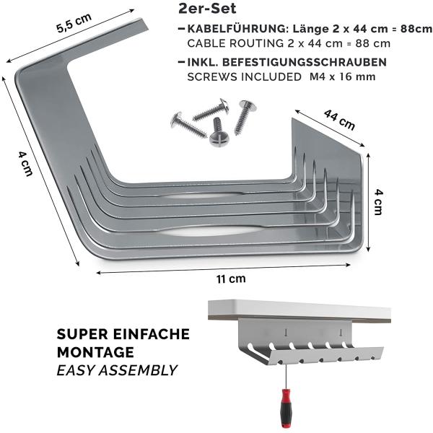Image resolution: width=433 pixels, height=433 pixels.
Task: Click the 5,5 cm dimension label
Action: click(74, 23)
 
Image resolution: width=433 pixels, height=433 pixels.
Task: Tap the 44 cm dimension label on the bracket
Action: click(339, 119)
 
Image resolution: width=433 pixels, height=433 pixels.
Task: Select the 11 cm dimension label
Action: click(231, 279)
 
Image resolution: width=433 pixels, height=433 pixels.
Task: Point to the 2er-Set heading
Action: click(207, 8)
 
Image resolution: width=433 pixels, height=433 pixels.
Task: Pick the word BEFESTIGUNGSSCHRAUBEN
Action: click(305, 62)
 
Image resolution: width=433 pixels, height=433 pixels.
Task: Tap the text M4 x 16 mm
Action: click(342, 76)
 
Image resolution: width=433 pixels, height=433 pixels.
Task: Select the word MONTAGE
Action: click(95, 352)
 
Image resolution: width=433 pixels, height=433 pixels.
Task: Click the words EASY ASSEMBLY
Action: click(117, 370)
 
